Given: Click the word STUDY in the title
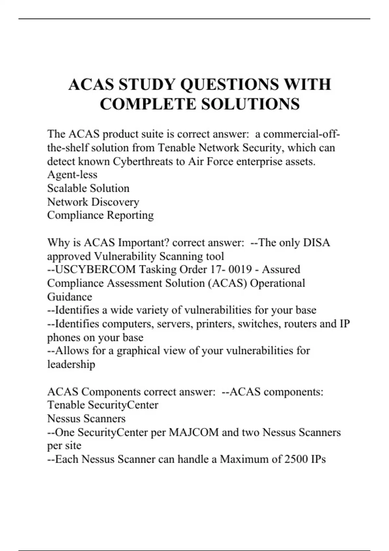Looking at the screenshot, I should [147, 84].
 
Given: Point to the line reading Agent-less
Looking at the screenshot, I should [72, 175].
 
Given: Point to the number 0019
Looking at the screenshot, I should [240, 269].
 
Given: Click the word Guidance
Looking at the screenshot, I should [70, 297].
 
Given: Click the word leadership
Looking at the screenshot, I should [71, 364].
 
